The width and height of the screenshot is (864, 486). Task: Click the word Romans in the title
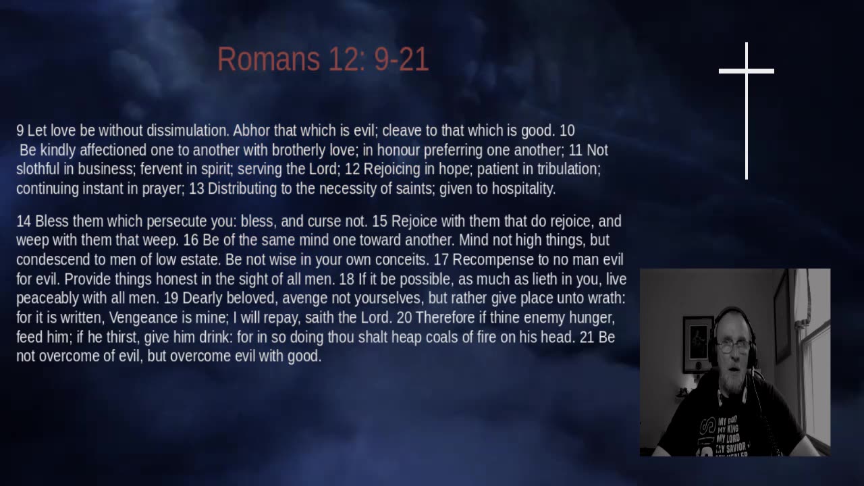pyautogui.click(x=269, y=59)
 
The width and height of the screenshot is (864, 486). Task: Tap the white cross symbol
pyautogui.click(x=747, y=111)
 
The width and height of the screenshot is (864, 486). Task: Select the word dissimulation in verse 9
pyautogui.click(x=188, y=131)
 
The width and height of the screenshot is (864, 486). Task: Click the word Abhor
pyautogui.click(x=252, y=131)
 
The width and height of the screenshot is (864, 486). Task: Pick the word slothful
pyautogui.click(x=38, y=169)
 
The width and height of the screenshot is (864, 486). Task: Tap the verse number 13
pyautogui.click(x=196, y=189)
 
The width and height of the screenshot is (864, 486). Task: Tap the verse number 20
pyautogui.click(x=404, y=318)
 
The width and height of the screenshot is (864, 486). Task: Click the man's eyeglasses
pyautogui.click(x=732, y=347)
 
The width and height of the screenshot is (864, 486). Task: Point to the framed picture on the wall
pyautogui.click(x=698, y=344)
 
